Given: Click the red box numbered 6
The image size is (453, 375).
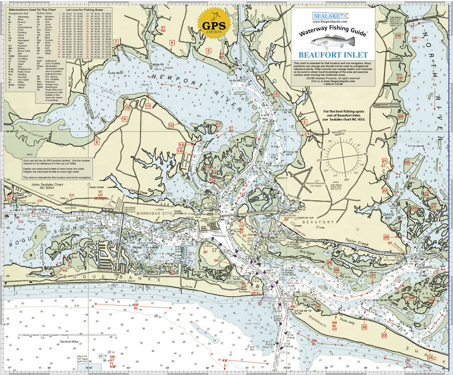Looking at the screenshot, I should (x=172, y=43).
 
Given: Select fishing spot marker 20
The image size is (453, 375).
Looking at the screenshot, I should (x=400, y=116).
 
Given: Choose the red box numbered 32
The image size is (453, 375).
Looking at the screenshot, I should (x=364, y=327).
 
